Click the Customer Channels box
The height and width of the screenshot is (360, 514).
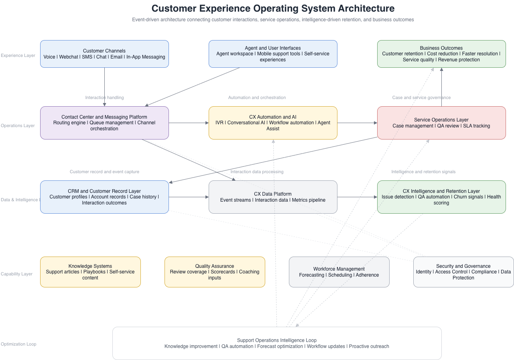click(104, 54)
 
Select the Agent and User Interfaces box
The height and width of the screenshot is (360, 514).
click(273, 54)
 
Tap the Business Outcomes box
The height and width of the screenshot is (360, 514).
click(441, 54)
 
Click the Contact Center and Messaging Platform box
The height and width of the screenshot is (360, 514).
click(104, 123)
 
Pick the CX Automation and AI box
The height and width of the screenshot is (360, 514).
click(273, 123)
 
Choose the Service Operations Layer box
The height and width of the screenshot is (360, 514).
click(441, 123)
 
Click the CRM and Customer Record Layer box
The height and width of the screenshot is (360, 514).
click(104, 197)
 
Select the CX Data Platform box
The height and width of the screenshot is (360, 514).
click(273, 197)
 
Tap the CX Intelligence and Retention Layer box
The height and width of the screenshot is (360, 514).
click(441, 197)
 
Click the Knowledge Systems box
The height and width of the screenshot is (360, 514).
click(90, 272)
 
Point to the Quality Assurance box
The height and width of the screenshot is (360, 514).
click(215, 272)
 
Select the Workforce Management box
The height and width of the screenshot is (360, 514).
click(339, 272)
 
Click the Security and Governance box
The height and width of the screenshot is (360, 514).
click(463, 272)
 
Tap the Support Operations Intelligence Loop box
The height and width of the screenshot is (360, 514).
click(277, 343)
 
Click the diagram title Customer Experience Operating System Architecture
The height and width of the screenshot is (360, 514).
click(273, 8)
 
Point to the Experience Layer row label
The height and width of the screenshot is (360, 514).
click(18, 56)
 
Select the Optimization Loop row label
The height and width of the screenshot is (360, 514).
click(18, 344)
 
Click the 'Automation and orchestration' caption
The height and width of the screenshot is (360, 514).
click(257, 97)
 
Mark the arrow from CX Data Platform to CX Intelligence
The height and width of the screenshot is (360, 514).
click(357, 197)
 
